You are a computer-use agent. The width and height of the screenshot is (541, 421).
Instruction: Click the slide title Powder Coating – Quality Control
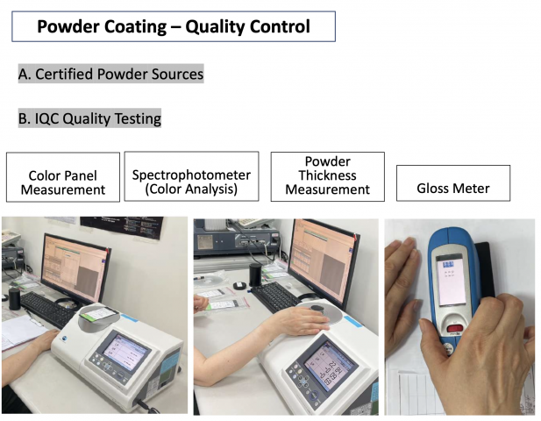(x=174, y=26)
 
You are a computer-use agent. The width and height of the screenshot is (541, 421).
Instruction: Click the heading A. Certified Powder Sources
(x=110, y=74)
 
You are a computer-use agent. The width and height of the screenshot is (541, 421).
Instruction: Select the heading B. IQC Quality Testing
(x=89, y=118)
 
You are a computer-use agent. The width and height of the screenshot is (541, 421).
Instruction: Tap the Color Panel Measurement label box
(x=63, y=177)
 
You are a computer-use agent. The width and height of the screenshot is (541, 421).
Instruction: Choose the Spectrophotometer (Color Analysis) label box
(x=191, y=176)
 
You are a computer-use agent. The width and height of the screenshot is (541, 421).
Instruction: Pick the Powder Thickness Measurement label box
(x=327, y=176)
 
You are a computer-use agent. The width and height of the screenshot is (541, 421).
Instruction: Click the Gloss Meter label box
(x=453, y=183)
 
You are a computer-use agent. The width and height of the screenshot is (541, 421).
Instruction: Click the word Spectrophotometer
(x=191, y=175)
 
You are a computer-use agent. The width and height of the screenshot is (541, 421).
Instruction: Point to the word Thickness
(x=327, y=175)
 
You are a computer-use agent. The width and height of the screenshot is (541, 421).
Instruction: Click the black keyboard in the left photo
(x=48, y=309)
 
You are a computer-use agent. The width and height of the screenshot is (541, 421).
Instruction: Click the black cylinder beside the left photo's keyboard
(x=15, y=299)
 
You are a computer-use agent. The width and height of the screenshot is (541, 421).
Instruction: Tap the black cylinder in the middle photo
(x=255, y=275)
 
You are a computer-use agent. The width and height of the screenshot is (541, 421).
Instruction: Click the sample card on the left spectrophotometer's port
(x=99, y=314)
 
